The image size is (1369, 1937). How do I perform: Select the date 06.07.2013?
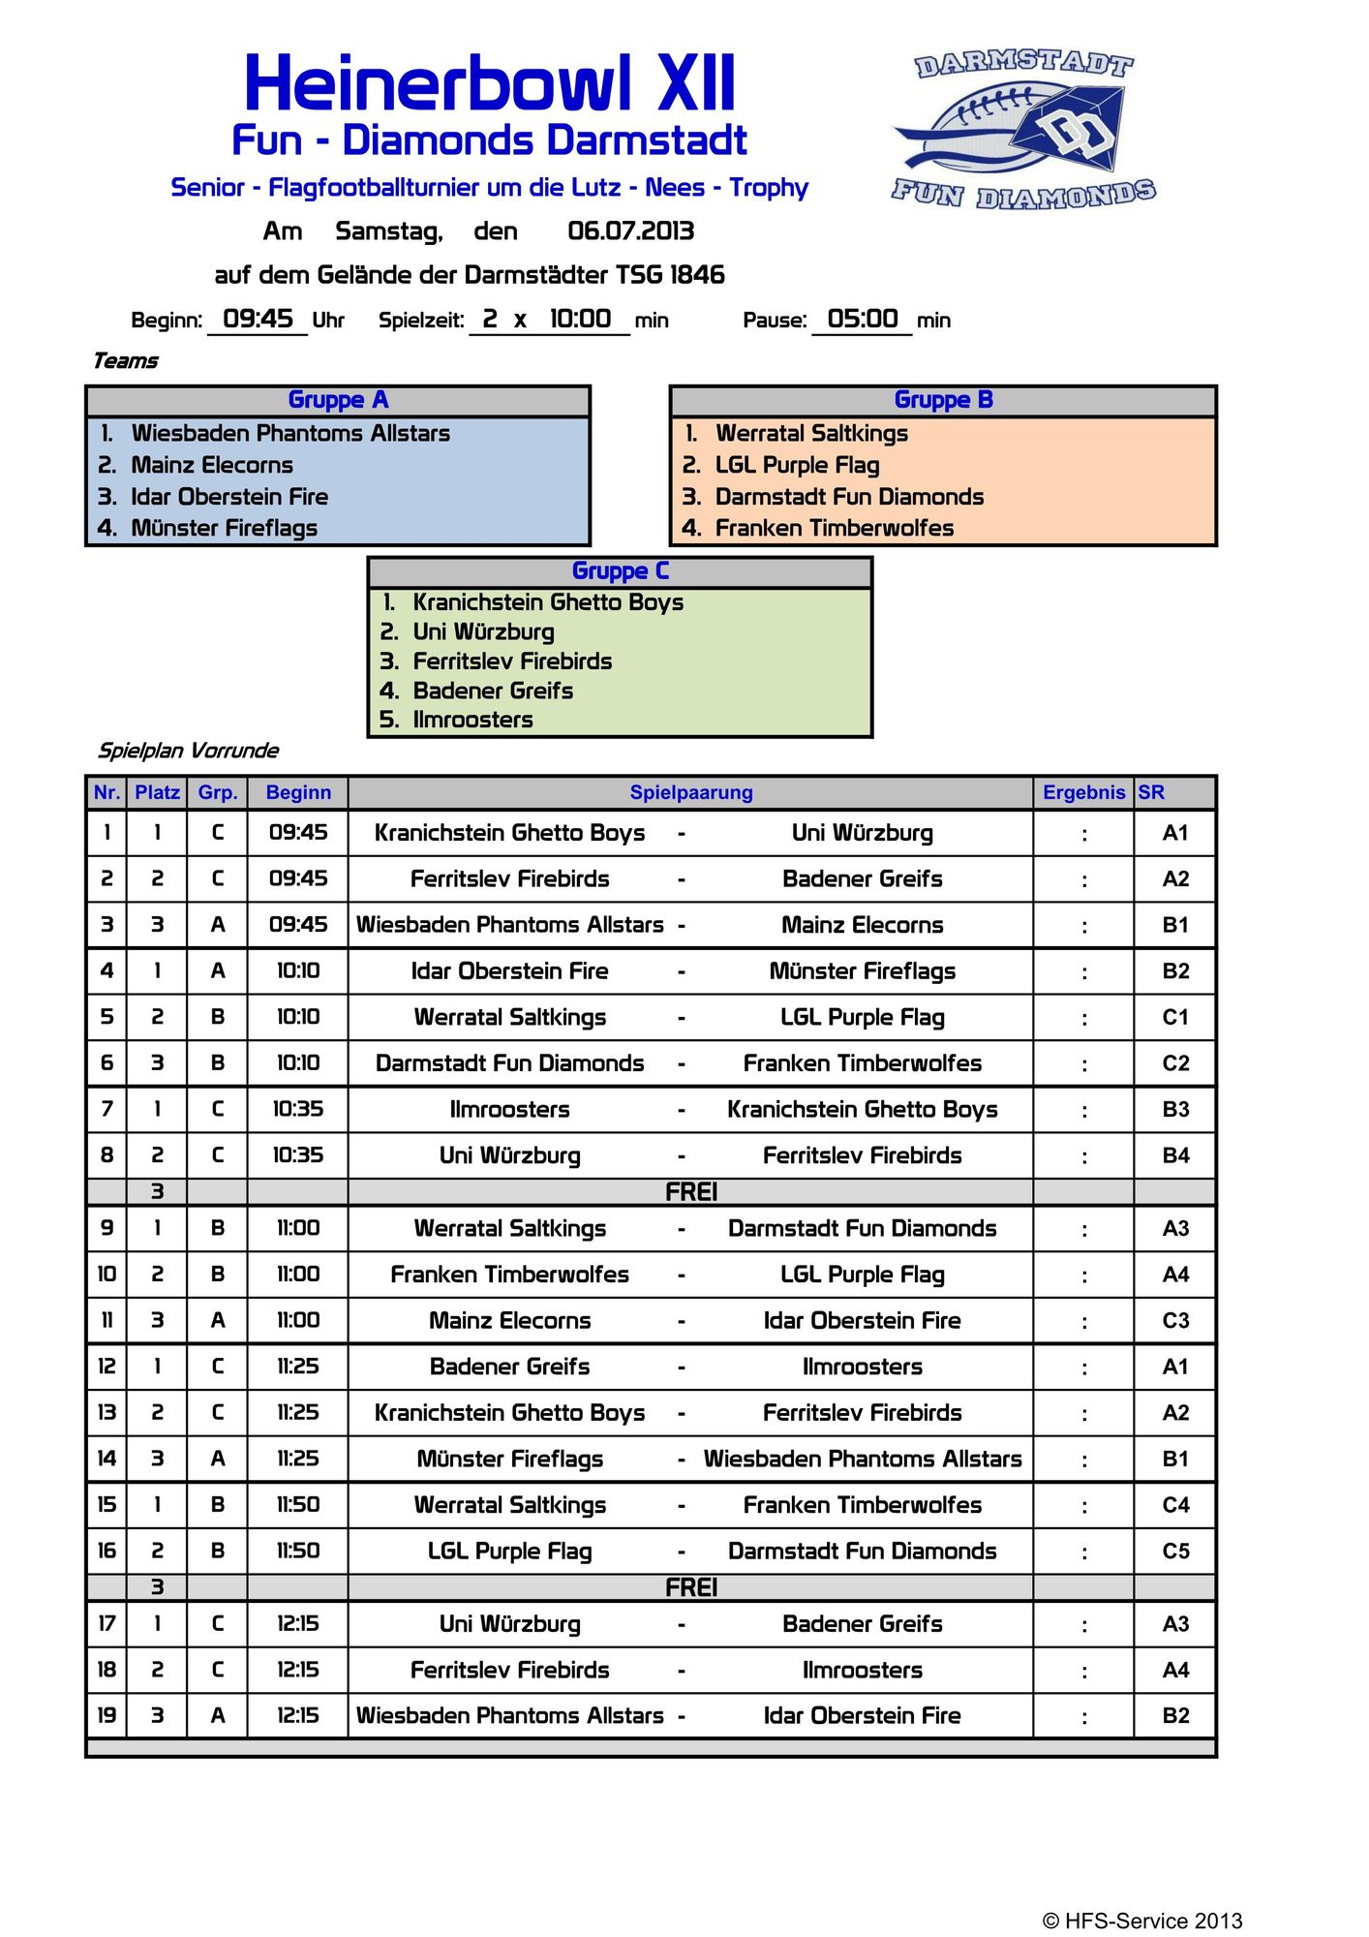click(x=630, y=231)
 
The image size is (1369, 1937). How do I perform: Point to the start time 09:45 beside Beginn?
click(x=258, y=320)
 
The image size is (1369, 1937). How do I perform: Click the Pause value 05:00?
click(x=862, y=320)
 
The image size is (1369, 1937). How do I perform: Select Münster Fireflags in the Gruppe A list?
click(x=224, y=529)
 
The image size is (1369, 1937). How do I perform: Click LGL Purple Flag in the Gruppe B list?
click(x=797, y=466)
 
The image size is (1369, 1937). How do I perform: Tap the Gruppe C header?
click(x=620, y=571)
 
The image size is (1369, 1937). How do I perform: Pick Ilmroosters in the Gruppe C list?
click(x=472, y=721)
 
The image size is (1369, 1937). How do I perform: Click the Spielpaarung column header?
click(x=690, y=793)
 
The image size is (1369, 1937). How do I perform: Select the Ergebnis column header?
click(x=1083, y=793)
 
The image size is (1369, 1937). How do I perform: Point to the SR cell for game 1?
click(x=1174, y=834)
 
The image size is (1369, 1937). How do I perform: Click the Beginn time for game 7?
click(x=298, y=1110)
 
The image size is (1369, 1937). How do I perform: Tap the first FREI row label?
click(x=690, y=1192)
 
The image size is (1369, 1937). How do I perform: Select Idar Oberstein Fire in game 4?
click(x=509, y=971)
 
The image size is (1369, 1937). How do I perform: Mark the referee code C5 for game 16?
click(x=1174, y=1552)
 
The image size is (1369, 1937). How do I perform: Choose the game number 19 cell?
click(x=106, y=1716)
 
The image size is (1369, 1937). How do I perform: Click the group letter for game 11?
click(x=218, y=1321)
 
